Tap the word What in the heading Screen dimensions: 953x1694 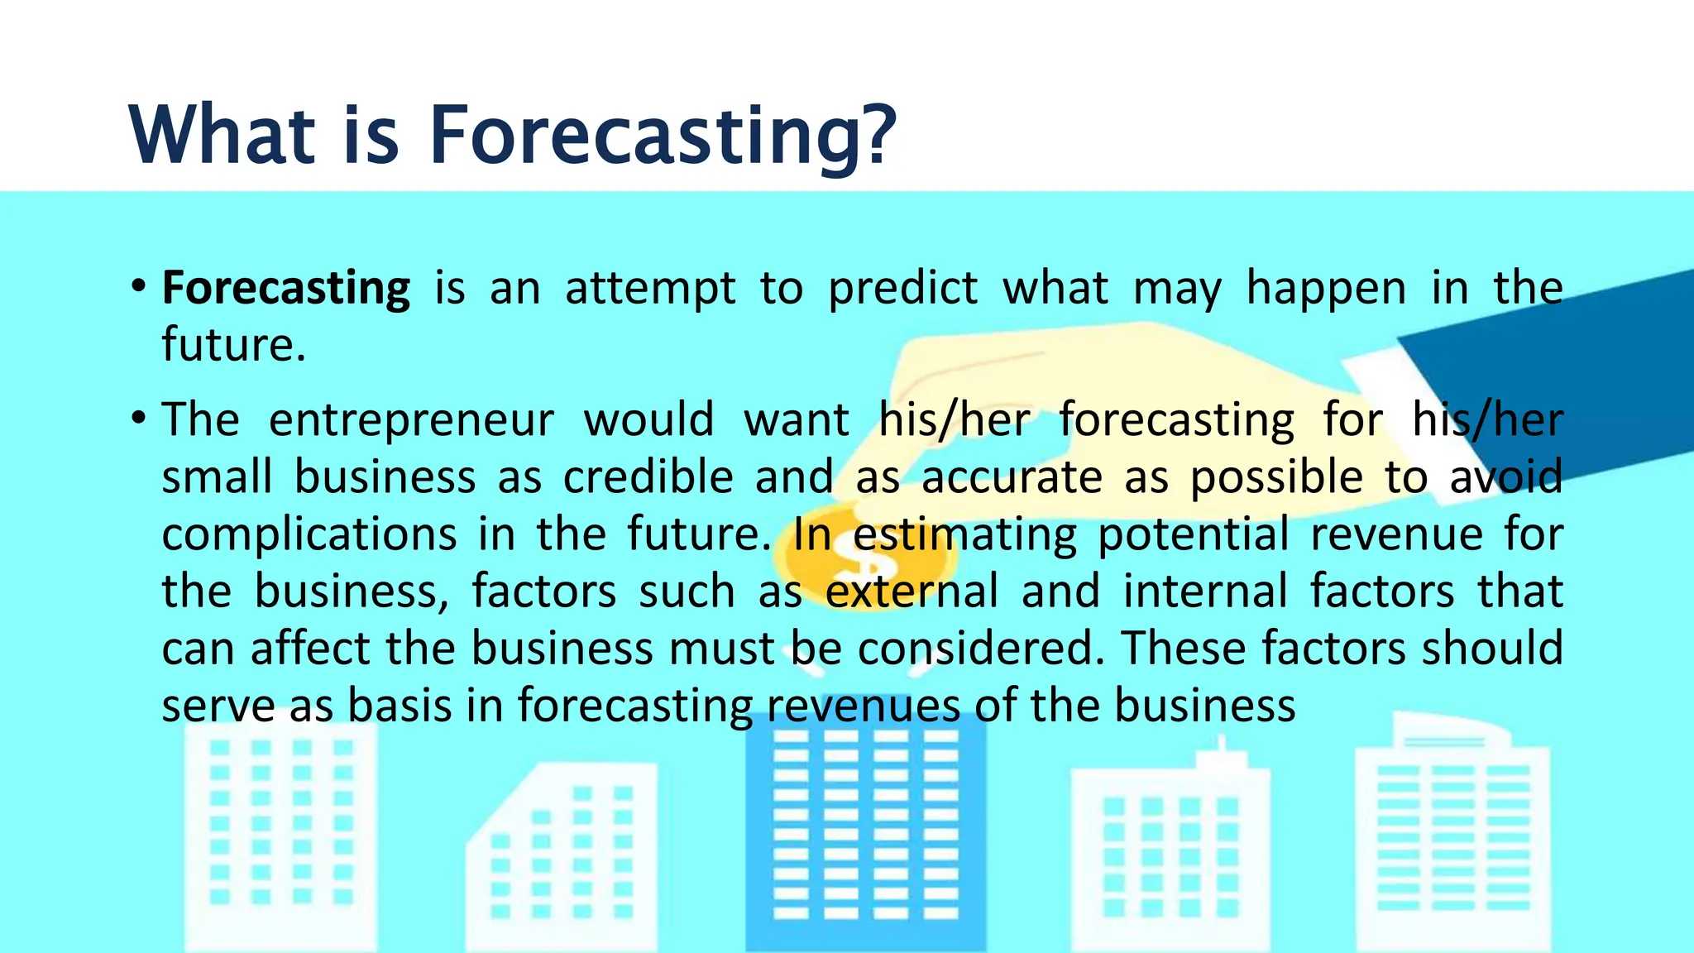point(222,134)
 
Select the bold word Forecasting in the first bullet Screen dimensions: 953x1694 point(285,289)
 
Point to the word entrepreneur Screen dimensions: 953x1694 point(411,420)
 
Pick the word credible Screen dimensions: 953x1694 point(648,477)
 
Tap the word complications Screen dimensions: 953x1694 point(309,534)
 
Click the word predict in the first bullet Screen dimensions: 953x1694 point(902,289)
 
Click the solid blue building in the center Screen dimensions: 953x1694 point(865,836)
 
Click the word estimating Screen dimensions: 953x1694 point(964,534)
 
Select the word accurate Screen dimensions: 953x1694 point(1012,477)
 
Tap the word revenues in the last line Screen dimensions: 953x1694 point(863,706)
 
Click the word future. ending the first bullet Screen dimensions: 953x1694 point(233,345)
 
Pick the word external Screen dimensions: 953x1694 point(912,591)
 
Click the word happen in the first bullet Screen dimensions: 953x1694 point(1326,289)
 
